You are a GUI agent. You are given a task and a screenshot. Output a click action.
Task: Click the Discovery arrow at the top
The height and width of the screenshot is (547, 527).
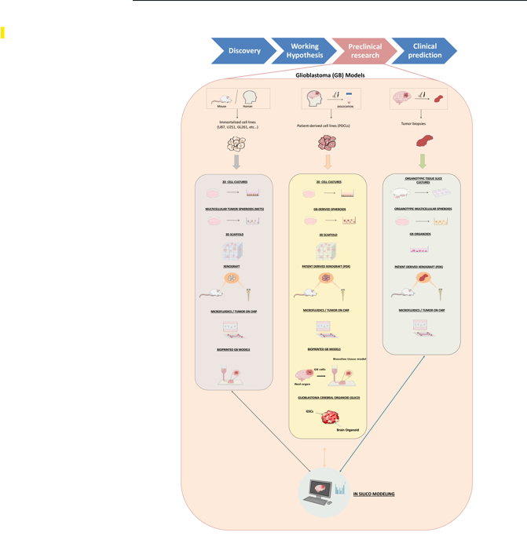click(x=243, y=51)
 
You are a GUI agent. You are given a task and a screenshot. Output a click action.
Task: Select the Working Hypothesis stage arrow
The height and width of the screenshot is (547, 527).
click(x=305, y=51)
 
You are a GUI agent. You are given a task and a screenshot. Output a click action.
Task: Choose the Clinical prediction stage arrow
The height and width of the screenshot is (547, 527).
click(x=424, y=51)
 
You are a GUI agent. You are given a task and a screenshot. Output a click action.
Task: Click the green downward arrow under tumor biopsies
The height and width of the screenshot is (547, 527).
click(x=423, y=161)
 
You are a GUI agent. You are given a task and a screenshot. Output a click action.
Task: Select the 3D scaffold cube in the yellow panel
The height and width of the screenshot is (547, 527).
click(x=328, y=252)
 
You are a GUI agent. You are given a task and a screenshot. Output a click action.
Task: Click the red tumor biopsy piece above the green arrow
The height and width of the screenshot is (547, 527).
click(x=424, y=141)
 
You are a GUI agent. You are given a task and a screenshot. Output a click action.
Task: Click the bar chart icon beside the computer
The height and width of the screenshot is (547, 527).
click(x=341, y=490)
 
